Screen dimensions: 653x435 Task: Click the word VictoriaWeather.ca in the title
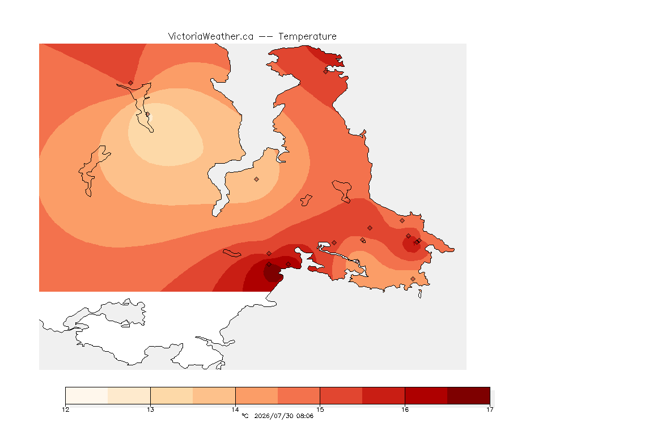coord(211,37)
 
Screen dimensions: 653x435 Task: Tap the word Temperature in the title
coord(307,37)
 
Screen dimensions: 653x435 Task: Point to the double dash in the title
coord(266,37)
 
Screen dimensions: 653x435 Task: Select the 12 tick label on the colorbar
coord(65,410)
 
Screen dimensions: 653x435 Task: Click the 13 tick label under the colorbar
coord(150,410)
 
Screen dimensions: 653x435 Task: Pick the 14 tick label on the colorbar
coord(235,410)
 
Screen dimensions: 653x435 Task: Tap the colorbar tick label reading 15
coord(320,410)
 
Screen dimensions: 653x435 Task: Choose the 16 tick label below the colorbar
coord(405,410)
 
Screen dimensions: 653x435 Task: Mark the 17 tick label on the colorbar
coord(490,410)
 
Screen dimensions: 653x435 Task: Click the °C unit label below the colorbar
coord(245,416)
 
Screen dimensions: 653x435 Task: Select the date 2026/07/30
coord(274,416)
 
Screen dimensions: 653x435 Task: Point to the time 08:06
coord(305,416)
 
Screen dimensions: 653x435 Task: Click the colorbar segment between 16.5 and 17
coord(469,395)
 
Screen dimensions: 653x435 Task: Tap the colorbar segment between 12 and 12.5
coord(87,395)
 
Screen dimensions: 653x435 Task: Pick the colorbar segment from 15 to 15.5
coord(341,395)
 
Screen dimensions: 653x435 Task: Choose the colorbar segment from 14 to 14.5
coord(257,395)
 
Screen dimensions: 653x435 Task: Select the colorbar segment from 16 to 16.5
coord(426,395)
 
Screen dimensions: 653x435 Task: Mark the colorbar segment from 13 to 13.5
coord(172,395)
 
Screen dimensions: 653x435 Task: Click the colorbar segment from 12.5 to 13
coord(129,395)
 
